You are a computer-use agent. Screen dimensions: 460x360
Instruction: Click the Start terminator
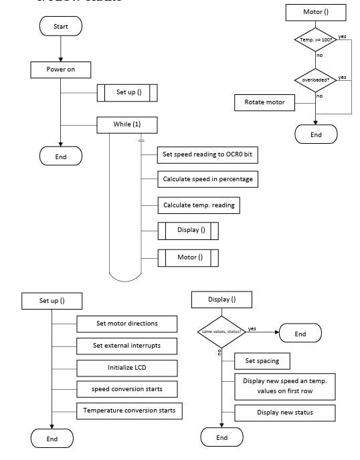[61, 25]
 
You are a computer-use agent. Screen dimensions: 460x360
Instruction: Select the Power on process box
[60, 69]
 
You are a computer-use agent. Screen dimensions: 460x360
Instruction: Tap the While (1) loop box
[127, 124]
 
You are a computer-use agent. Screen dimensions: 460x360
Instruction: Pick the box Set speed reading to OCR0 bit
[207, 154]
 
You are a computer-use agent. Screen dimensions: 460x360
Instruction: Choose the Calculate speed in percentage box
[207, 179]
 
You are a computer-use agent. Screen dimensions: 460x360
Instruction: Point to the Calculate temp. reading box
[199, 205]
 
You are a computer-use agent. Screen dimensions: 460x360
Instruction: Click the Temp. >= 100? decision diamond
[316, 40]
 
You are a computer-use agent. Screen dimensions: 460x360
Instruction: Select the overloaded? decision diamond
[316, 80]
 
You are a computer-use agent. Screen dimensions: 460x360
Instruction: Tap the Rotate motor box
[265, 102]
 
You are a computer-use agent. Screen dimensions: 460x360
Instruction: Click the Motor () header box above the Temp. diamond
[316, 11]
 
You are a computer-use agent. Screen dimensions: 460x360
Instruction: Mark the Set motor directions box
[127, 324]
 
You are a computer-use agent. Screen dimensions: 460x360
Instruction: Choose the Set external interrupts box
[127, 346]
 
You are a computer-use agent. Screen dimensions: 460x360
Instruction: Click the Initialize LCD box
[127, 368]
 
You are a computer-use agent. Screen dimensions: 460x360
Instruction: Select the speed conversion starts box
[127, 388]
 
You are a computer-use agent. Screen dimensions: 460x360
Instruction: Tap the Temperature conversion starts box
[129, 410]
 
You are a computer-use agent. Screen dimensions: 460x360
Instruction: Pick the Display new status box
[285, 413]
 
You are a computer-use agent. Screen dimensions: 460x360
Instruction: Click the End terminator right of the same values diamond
[300, 334]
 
